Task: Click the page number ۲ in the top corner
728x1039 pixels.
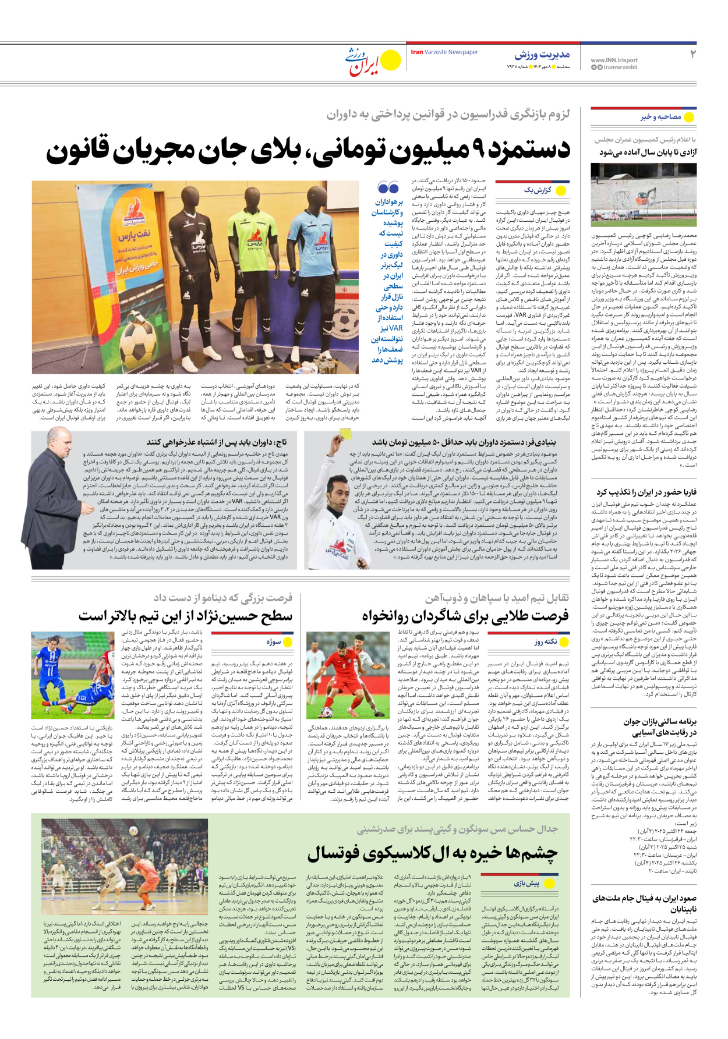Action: pos(693,54)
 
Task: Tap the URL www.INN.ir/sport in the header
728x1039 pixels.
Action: pos(614,60)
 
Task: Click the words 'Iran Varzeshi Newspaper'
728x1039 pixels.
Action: pos(444,52)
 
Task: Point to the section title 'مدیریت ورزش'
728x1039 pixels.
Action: pos(542,55)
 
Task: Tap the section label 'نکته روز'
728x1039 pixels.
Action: pos(546,642)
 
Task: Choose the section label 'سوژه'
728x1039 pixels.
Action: pos(274,642)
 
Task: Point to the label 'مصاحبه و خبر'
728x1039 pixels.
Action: pos(661,117)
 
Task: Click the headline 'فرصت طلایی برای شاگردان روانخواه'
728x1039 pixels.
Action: pos(465,616)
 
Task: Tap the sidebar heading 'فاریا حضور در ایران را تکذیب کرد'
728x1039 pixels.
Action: pos(646,492)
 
